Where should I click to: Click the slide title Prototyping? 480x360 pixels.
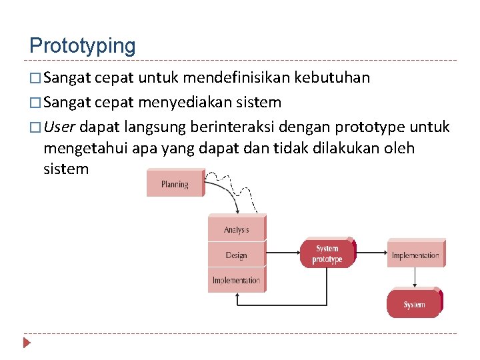click(82, 46)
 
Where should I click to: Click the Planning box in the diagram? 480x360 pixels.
click(175, 184)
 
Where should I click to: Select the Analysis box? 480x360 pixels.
click(236, 229)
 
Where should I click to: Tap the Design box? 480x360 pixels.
click(236, 255)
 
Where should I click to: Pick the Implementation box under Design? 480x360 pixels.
click(236, 280)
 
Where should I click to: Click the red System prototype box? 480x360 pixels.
click(327, 254)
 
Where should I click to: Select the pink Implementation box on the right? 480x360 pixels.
click(415, 255)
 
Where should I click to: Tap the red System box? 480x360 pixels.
click(414, 305)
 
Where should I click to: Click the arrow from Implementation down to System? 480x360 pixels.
click(415, 278)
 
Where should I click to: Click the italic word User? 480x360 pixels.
click(59, 127)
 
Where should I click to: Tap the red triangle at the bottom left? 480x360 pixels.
click(27, 343)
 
